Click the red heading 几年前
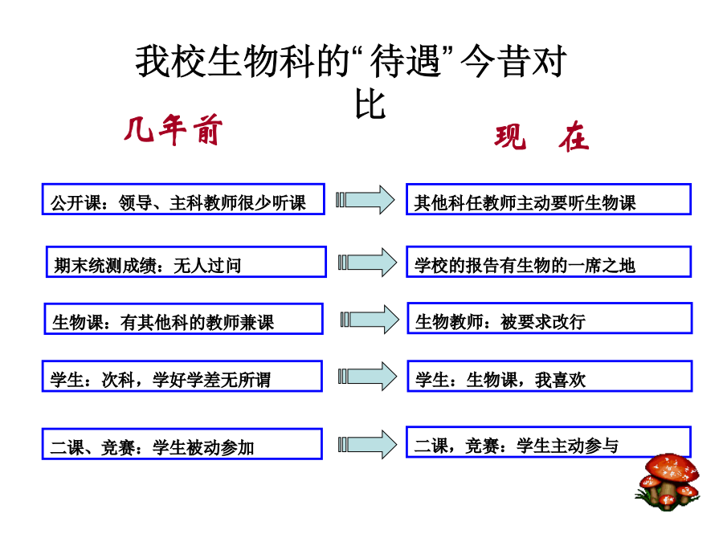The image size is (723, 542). tap(174, 129)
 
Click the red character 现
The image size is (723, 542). tap(510, 137)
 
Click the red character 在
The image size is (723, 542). tap(574, 137)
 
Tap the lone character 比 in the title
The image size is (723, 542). tap(370, 104)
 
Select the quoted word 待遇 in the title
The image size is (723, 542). tap(406, 61)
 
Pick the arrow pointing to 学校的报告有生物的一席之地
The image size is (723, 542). tap(367, 263)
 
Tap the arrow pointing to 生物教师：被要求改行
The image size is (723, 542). tap(370, 320)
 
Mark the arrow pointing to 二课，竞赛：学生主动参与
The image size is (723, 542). tap(367, 444)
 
